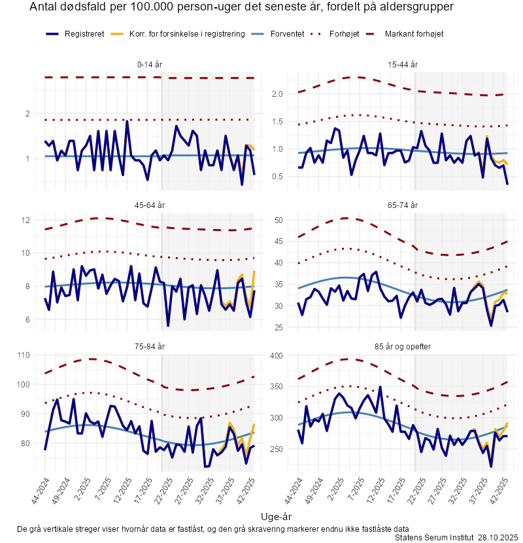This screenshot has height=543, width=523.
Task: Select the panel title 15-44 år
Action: (x=403, y=64)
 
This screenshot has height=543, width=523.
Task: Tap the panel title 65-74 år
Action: (x=403, y=205)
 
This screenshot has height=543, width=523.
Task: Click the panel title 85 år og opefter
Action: (x=403, y=345)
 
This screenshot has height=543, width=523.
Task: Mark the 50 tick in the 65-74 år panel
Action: (x=278, y=220)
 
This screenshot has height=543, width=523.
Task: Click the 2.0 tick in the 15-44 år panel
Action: (x=277, y=94)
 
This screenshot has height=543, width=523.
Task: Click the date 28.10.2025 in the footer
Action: (x=498, y=537)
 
